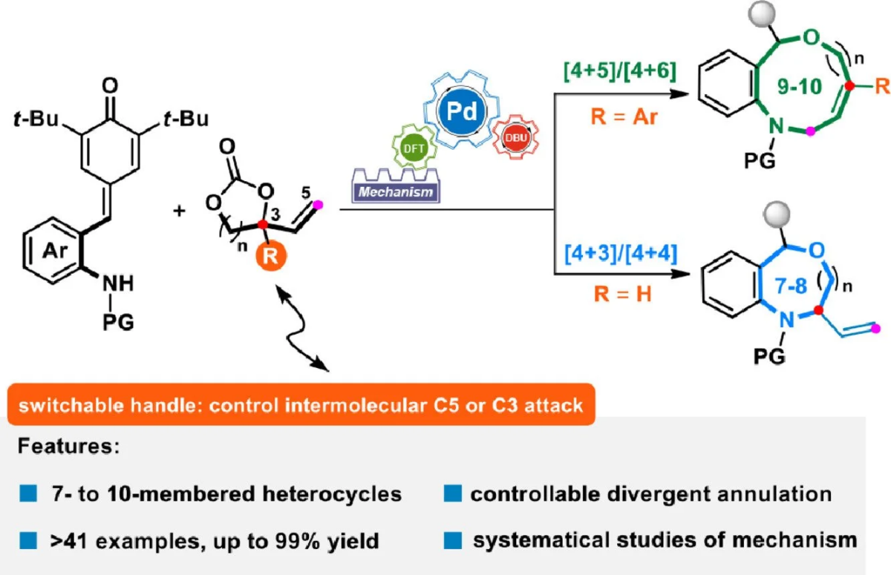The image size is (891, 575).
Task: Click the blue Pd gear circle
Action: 461,111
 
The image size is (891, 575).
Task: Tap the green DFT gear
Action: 414,148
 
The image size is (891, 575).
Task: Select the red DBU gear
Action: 516,137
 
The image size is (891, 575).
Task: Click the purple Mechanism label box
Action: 396,192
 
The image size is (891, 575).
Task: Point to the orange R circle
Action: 270,255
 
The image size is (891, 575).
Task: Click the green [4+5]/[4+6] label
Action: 620,71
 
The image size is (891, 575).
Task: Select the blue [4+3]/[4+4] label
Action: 621,253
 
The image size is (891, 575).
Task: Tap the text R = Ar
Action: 624,117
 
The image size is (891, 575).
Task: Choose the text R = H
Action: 622,295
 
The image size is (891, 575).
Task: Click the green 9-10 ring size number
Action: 800,86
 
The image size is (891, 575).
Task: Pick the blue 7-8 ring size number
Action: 792,286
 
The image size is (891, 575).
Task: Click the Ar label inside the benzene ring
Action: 55,250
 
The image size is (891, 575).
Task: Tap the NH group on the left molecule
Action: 118,283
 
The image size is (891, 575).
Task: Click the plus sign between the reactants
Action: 179,210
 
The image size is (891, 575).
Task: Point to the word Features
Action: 68,446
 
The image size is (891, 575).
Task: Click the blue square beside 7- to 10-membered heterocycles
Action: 28,493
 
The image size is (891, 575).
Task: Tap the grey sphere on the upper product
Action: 761,14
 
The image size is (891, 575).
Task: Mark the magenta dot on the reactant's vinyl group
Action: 318,205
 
